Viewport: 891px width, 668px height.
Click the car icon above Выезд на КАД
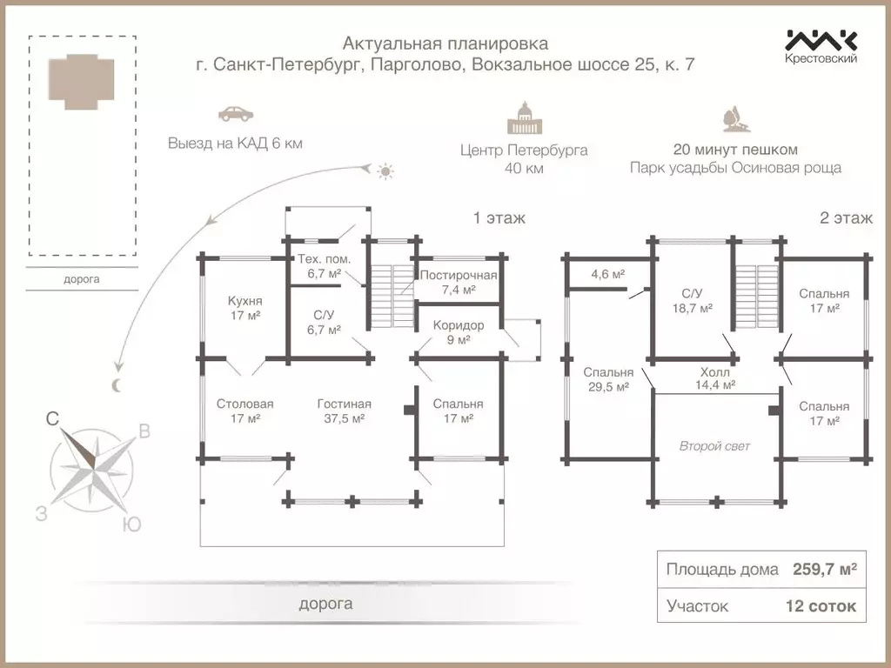[235, 114]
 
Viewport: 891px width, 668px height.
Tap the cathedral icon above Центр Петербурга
[524, 118]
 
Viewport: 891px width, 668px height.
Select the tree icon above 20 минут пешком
[734, 120]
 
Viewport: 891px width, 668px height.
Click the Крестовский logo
[821, 45]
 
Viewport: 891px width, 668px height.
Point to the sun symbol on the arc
[385, 171]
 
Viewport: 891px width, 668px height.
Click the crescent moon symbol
[117, 385]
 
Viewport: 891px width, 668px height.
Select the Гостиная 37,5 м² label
[344, 411]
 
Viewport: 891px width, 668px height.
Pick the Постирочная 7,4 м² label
[458, 282]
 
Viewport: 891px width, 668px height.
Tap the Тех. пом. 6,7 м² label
[324, 265]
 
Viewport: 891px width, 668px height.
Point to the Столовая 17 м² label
[245, 411]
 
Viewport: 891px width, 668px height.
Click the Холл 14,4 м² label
[715, 377]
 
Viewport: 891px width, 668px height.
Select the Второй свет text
[714, 446]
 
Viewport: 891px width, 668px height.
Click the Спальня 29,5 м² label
[608, 380]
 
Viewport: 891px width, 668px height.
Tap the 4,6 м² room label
[608, 274]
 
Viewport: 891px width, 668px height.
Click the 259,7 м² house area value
[824, 570]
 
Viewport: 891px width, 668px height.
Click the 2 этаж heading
[846, 218]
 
